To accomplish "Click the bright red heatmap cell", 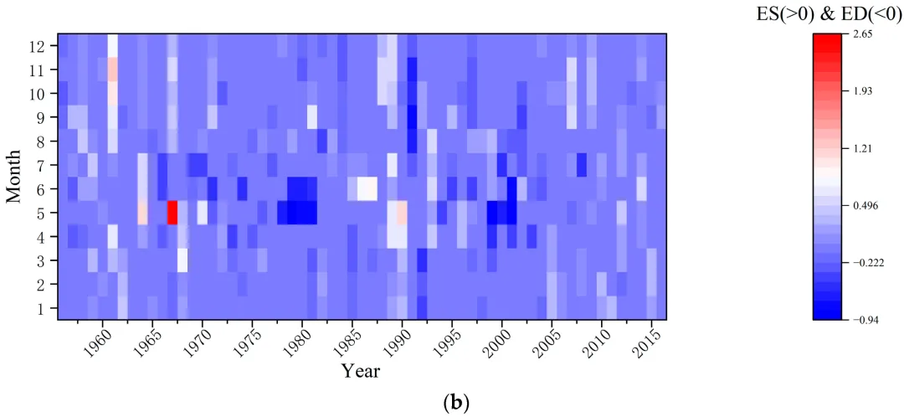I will (x=172, y=213).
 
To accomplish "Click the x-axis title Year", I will (x=361, y=370).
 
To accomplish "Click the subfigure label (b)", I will (x=455, y=403).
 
